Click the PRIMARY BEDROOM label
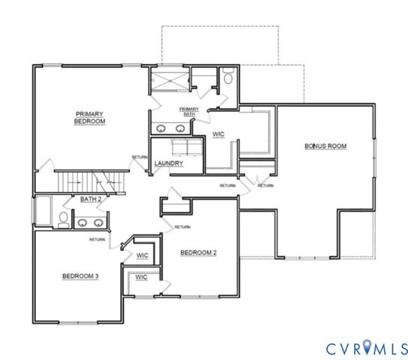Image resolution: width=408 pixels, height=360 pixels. coord(89,117)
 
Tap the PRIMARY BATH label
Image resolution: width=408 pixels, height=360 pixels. coord(189,112)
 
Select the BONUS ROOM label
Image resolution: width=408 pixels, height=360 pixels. coord(325,145)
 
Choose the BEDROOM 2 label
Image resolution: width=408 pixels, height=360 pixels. coord(199,253)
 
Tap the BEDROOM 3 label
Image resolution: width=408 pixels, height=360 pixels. coord(79,276)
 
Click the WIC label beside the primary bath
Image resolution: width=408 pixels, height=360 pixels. coord(219,134)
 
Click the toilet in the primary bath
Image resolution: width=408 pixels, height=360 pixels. coord(228,76)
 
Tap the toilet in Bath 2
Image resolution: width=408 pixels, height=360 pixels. coord(63,219)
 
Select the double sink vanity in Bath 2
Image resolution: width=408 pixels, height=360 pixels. coord(91,222)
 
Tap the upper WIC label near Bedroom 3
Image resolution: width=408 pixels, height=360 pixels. coord(141,255)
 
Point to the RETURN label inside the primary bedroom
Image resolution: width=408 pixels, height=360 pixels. coord(139,157)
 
